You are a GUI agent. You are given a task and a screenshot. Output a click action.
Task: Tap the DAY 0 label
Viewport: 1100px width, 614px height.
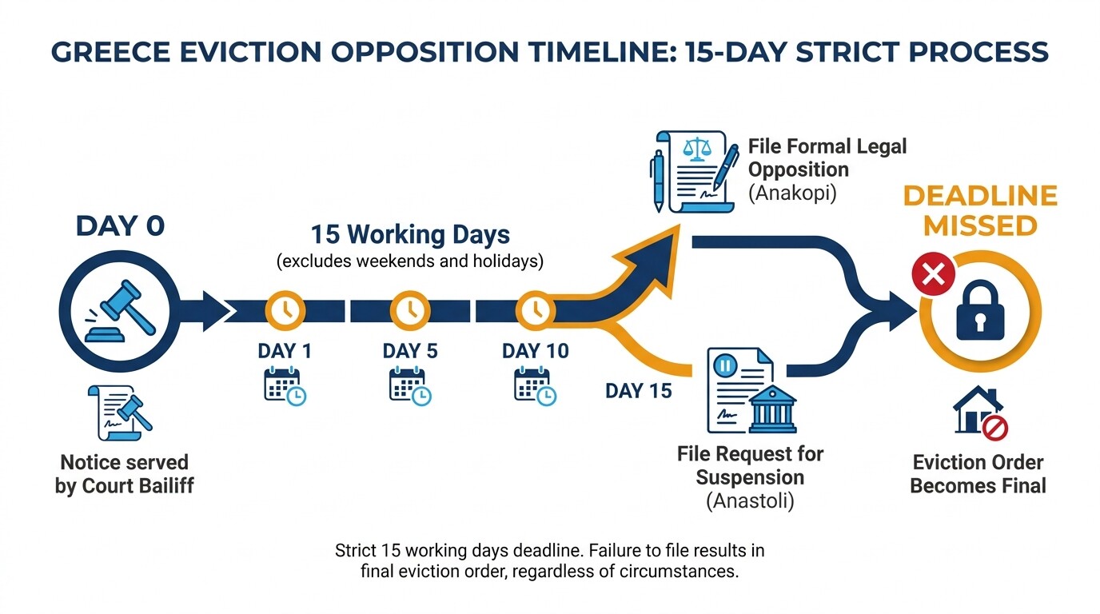tap(120, 225)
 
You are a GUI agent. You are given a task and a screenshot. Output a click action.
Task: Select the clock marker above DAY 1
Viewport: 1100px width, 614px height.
tap(285, 310)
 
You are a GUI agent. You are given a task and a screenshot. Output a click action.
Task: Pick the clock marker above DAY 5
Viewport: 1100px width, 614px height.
tap(410, 310)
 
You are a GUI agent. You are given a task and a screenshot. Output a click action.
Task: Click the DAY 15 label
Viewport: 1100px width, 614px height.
tap(639, 391)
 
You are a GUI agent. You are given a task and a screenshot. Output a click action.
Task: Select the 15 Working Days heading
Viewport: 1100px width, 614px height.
tap(410, 235)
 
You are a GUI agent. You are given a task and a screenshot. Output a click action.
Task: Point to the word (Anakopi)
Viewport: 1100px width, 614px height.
tap(792, 193)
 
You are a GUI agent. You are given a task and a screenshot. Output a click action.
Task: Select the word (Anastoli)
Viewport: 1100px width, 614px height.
tap(750, 502)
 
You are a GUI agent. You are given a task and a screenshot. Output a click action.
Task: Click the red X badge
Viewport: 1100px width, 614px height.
tap(932, 277)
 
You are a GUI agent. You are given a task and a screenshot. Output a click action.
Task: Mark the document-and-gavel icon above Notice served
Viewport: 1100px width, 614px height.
tap(120, 413)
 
